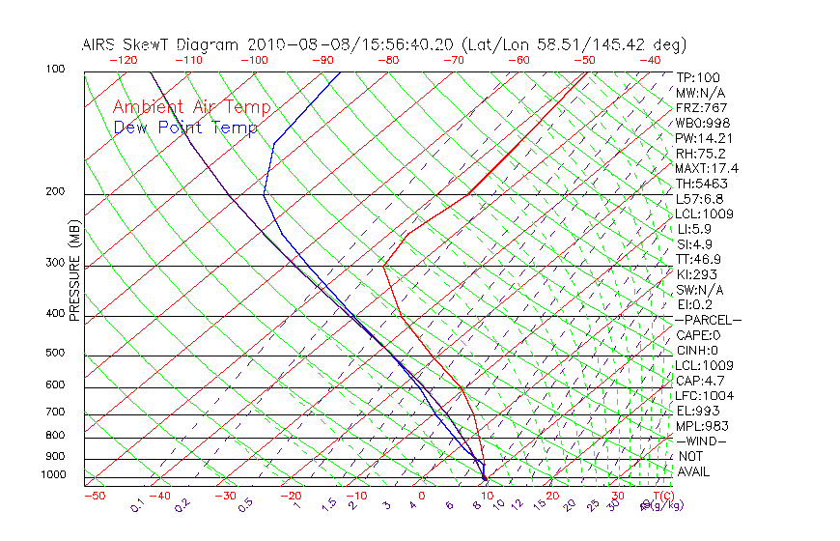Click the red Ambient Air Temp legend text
tap(191, 108)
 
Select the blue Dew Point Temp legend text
tap(185, 128)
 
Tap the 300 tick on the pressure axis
tap(55, 263)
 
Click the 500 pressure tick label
tap(55, 354)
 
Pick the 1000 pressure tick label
tap(53, 475)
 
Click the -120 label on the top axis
tap(123, 60)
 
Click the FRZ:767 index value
tap(702, 108)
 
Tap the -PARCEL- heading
tap(708, 320)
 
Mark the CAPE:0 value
tap(698, 335)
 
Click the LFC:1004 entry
tap(705, 396)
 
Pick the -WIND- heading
tap(701, 441)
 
